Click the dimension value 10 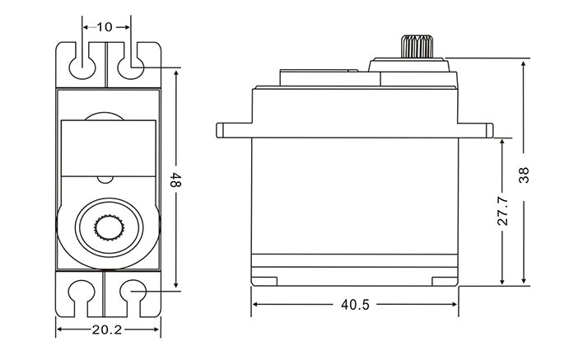click(x=105, y=27)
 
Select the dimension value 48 click(x=174, y=180)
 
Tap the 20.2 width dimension click(x=106, y=330)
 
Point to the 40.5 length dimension click(x=355, y=304)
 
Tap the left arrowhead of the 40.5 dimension click(x=255, y=304)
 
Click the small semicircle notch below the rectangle click(x=105, y=179)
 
